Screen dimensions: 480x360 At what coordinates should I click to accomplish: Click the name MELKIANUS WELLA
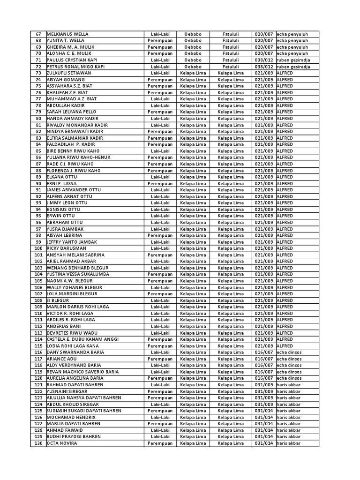67,34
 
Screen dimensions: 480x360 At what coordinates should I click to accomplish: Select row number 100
38,248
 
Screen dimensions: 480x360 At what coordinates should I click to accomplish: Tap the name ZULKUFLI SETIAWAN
69,73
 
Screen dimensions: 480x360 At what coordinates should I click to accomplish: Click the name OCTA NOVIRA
62,443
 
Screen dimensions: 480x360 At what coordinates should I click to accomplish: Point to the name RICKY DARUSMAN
67,248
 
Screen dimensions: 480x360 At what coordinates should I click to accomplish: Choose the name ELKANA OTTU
62,177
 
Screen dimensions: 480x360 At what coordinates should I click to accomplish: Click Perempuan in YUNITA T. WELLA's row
160,41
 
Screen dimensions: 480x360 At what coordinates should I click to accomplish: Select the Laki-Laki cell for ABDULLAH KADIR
160,105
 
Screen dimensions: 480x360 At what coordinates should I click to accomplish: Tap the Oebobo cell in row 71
193,60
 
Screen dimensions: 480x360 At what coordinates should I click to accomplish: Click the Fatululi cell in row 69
231,47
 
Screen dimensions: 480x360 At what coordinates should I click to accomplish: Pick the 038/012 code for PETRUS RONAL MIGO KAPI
263,67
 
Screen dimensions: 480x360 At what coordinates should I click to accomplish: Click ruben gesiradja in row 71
293,60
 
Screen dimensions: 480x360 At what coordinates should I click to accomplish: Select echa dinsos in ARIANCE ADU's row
289,359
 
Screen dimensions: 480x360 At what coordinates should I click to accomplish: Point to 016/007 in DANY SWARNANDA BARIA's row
263,352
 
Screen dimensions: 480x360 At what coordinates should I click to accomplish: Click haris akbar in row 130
288,443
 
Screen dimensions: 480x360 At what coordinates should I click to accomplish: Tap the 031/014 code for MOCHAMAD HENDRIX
263,417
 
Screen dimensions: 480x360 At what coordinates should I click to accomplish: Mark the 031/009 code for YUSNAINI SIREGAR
263,391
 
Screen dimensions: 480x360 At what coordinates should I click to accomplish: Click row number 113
38,333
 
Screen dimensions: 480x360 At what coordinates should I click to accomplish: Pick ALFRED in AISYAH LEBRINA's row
285,235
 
